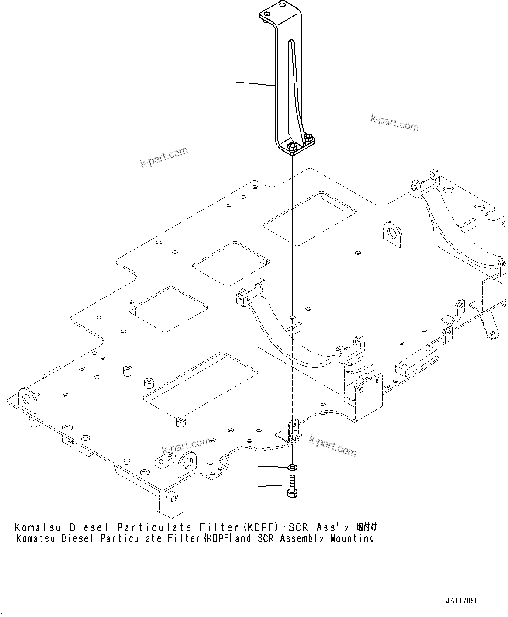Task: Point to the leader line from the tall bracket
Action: [256, 84]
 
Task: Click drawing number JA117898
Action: [462, 601]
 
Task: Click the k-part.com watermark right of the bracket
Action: [394, 123]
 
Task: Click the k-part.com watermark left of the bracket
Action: [164, 157]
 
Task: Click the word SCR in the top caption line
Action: [299, 527]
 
